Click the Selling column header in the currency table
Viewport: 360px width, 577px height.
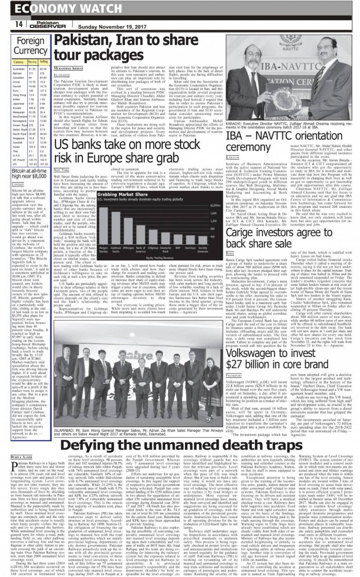[43, 61]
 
